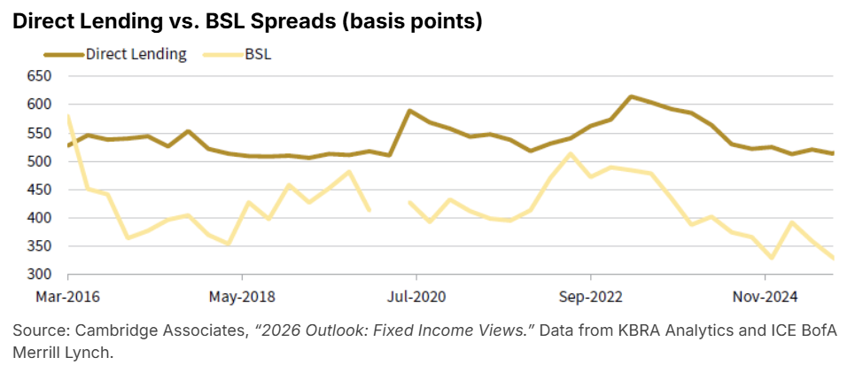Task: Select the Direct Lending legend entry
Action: click(x=136, y=54)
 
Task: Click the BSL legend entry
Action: click(x=258, y=54)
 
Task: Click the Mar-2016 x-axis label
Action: click(x=68, y=294)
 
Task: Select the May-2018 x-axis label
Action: click(x=241, y=294)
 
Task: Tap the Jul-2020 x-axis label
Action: click(x=415, y=294)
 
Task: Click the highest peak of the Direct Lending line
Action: click(x=630, y=97)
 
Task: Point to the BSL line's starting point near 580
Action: click(x=69, y=116)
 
